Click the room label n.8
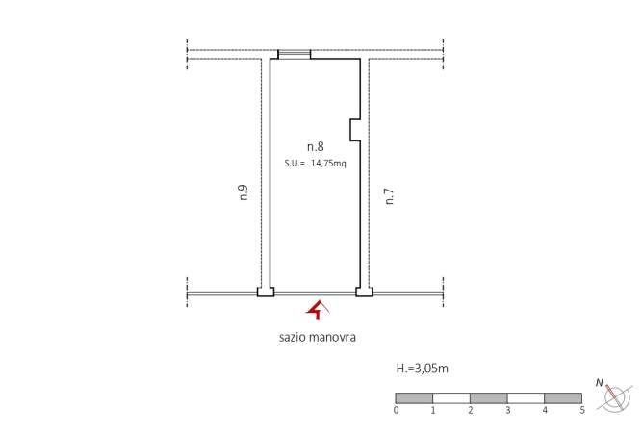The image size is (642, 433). [316, 146]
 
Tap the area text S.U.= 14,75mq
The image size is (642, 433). [316, 164]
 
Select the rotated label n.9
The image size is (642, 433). [244, 192]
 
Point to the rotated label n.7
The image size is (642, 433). [390, 196]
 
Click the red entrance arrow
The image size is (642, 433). [318, 310]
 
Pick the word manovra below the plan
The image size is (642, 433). [332, 338]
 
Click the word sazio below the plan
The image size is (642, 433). [293, 338]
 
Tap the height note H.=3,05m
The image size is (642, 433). [423, 369]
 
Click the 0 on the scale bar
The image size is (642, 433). [396, 410]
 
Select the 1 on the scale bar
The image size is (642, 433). [433, 410]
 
